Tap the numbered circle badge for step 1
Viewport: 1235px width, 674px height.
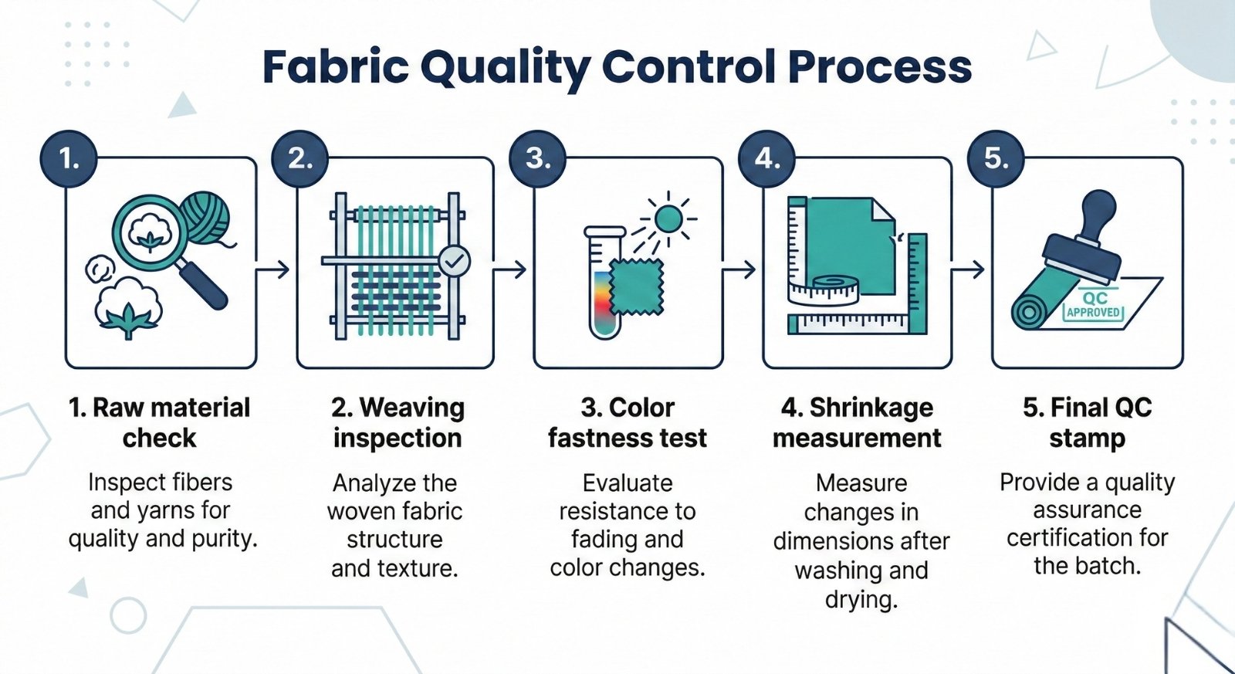tap(69, 159)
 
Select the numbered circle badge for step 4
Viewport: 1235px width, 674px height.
tap(766, 159)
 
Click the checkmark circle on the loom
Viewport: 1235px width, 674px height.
tap(455, 262)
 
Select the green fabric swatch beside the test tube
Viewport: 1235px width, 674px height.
tap(637, 286)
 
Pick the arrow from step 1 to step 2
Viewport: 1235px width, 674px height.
tap(273, 269)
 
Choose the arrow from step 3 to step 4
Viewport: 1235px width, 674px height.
tap(739, 269)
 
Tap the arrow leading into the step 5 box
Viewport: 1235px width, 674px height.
tap(968, 269)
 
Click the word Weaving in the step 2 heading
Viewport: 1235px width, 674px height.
tap(412, 408)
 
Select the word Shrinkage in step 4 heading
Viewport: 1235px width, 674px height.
tap(871, 408)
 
